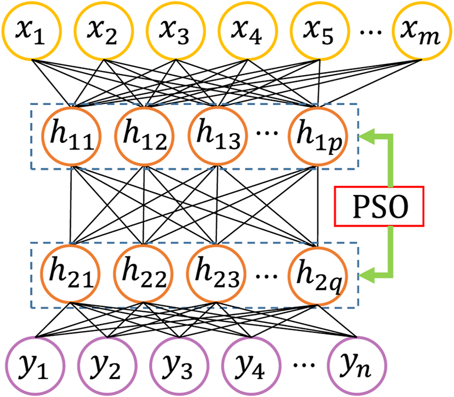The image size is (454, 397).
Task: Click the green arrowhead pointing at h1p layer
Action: tap(368, 136)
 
